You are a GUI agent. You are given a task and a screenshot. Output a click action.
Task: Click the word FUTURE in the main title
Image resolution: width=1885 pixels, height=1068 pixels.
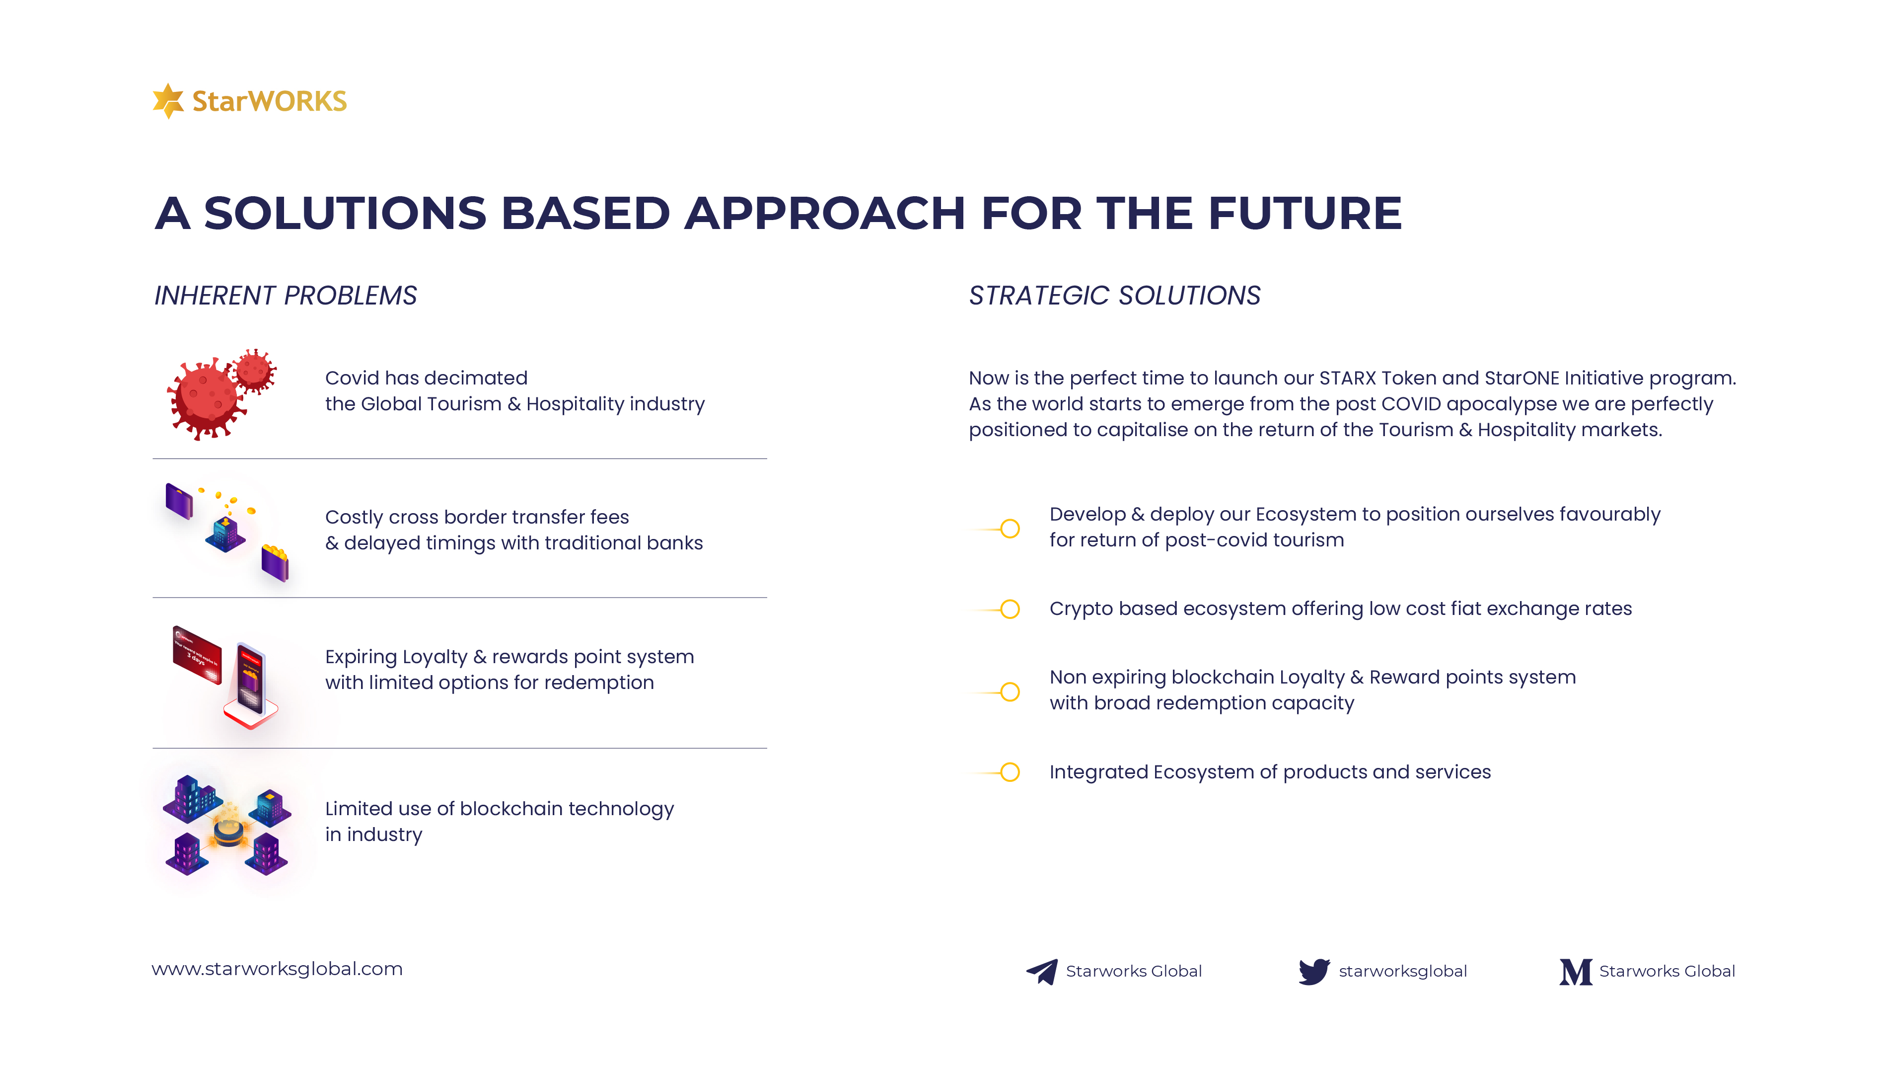tap(1305, 214)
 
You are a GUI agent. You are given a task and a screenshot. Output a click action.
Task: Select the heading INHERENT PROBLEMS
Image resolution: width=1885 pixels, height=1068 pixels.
tap(285, 296)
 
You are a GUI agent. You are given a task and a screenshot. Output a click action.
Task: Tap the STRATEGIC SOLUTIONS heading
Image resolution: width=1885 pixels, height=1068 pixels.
tap(1114, 296)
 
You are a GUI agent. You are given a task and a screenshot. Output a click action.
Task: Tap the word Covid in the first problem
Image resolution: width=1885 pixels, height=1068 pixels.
tap(352, 378)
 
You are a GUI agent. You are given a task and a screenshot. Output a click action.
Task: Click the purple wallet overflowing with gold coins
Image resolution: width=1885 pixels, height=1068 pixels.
tap(275, 563)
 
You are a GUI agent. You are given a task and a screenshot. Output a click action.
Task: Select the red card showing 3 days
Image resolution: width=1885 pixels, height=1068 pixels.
tap(197, 654)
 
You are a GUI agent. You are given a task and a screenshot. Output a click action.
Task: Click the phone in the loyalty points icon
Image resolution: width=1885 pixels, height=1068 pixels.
tap(250, 679)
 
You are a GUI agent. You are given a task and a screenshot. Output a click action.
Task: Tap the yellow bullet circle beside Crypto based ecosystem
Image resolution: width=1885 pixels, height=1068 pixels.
tap(1010, 609)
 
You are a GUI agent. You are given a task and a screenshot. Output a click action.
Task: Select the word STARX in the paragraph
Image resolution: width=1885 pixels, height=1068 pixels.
tap(1348, 378)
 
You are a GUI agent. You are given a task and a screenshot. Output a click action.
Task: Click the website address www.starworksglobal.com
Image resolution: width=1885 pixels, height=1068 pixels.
tap(277, 969)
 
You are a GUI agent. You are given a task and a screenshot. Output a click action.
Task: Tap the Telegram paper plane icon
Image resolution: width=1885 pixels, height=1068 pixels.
tap(1042, 972)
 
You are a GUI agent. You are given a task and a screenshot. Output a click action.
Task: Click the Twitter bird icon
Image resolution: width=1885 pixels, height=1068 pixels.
tap(1314, 972)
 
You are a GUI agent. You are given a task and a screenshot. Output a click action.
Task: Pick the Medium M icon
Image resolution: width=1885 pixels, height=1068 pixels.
tap(1576, 972)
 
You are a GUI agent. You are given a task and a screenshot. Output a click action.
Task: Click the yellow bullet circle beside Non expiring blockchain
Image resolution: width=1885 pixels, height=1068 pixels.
tap(1010, 691)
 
